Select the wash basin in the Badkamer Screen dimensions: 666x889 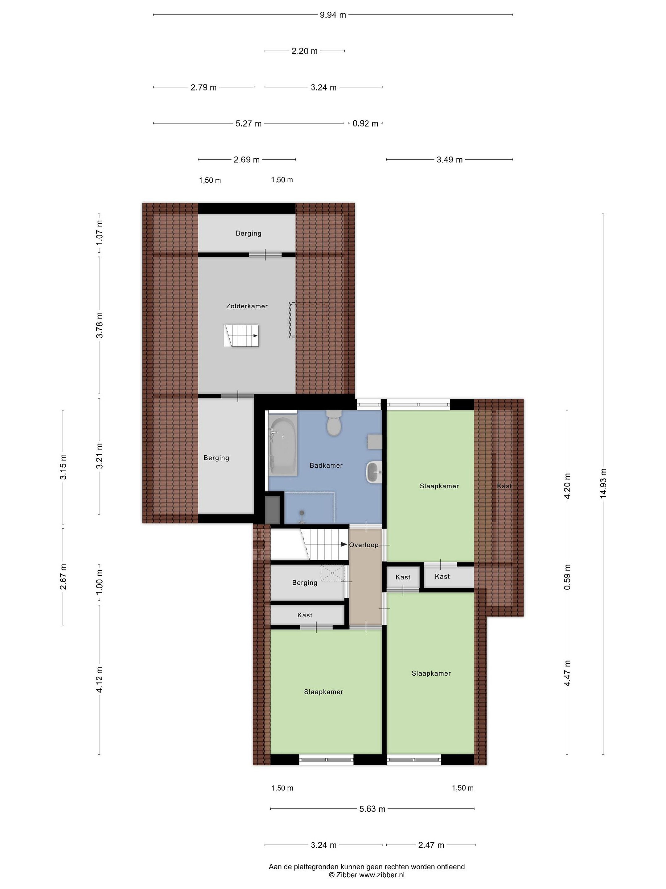click(x=374, y=472)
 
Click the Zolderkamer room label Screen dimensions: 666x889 click(x=247, y=306)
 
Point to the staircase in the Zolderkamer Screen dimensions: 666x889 click(x=241, y=336)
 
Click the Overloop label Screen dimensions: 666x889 click(x=364, y=545)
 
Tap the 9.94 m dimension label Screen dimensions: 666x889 click(x=333, y=15)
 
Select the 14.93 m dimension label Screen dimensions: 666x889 click(x=603, y=483)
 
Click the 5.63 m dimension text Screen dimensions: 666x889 click(x=372, y=809)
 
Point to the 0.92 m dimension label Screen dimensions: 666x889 click(x=365, y=123)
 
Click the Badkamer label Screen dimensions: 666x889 click(x=326, y=465)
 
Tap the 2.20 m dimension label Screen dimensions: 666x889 click(x=304, y=51)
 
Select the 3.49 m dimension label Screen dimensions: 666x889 click(x=450, y=160)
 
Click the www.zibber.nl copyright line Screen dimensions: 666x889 click(x=367, y=875)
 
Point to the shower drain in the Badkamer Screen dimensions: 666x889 click(x=302, y=512)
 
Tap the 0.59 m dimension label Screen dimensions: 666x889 click(x=567, y=577)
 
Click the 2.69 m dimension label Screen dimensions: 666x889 click(x=246, y=160)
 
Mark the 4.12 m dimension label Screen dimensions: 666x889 click(x=99, y=679)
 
